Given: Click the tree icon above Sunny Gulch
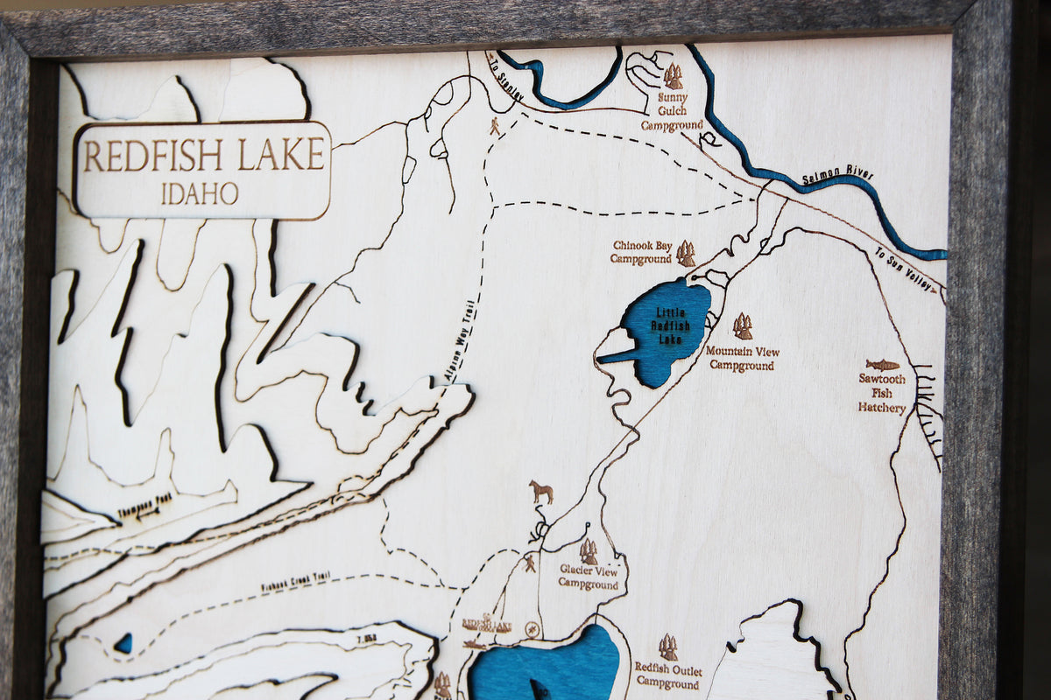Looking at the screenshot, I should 673,76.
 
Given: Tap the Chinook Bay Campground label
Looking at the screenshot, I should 641,252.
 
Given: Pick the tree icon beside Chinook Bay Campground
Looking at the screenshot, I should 686,254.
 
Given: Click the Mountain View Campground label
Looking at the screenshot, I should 742,358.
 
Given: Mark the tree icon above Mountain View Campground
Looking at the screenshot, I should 743,326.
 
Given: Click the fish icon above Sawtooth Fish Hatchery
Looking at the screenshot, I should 882,364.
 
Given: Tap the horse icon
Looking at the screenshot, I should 541,492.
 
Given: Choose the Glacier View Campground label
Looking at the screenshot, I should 589,577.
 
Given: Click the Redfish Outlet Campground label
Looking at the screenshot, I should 668,675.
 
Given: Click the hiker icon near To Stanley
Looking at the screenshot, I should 495,126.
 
